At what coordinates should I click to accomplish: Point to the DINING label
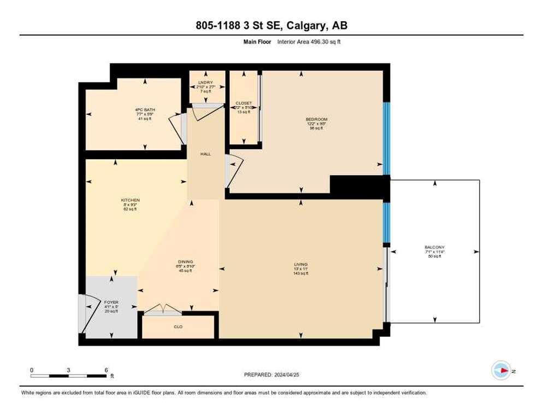click(185, 262)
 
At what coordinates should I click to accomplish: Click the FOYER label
click(111, 302)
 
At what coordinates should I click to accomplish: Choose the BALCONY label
click(434, 247)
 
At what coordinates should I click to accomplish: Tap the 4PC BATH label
click(145, 110)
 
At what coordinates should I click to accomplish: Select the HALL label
click(205, 154)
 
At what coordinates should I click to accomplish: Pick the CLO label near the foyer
click(178, 327)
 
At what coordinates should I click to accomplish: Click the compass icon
click(500, 371)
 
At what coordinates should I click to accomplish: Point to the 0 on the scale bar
click(32, 370)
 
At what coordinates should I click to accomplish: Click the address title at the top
click(271, 25)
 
